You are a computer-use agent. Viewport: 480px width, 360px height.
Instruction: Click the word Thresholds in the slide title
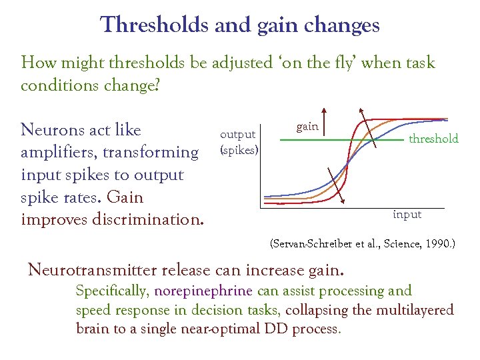155,25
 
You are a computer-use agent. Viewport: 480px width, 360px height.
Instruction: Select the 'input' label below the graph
407,215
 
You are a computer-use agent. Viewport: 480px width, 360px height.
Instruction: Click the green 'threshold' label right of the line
433,139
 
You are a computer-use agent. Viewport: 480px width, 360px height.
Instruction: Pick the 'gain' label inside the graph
307,127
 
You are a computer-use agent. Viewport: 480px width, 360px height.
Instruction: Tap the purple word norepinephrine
203,291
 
